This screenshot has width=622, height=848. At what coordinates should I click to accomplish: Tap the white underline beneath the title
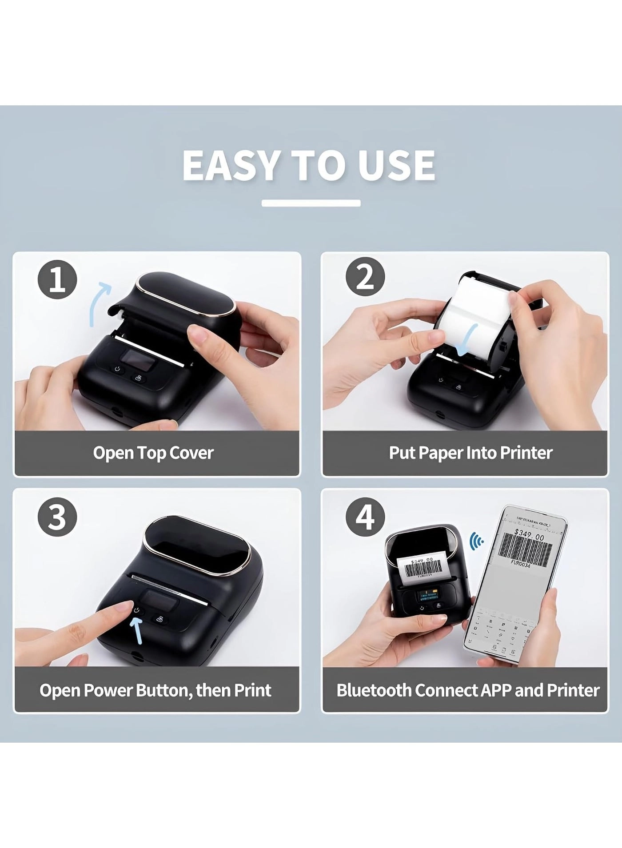311,203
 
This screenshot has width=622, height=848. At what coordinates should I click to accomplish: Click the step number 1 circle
57,280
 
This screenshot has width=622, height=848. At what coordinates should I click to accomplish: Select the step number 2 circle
365,278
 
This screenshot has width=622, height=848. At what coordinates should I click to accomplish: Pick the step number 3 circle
57,517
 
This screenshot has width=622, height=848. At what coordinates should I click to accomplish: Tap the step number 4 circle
365,517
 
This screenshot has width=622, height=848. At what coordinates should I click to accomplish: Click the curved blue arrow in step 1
99,302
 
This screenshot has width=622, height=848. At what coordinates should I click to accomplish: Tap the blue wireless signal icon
477,540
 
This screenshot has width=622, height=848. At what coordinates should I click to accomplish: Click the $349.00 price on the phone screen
529,535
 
